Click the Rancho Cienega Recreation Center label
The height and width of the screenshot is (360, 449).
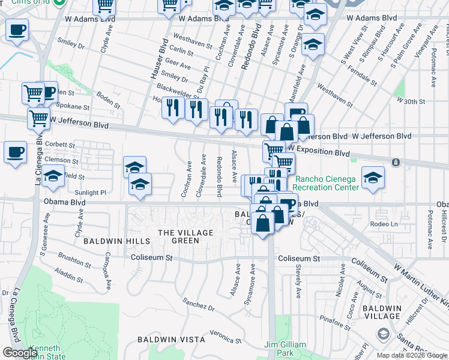(x=327, y=182)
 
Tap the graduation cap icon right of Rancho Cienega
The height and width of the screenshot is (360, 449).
(x=373, y=178)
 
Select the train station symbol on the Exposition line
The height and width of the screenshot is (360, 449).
(x=396, y=163)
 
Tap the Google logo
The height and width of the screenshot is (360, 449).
(x=20, y=353)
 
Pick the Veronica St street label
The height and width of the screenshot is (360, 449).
(x=226, y=337)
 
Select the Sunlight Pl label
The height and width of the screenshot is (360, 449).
(x=90, y=193)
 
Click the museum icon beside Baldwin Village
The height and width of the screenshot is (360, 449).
(x=382, y=333)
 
